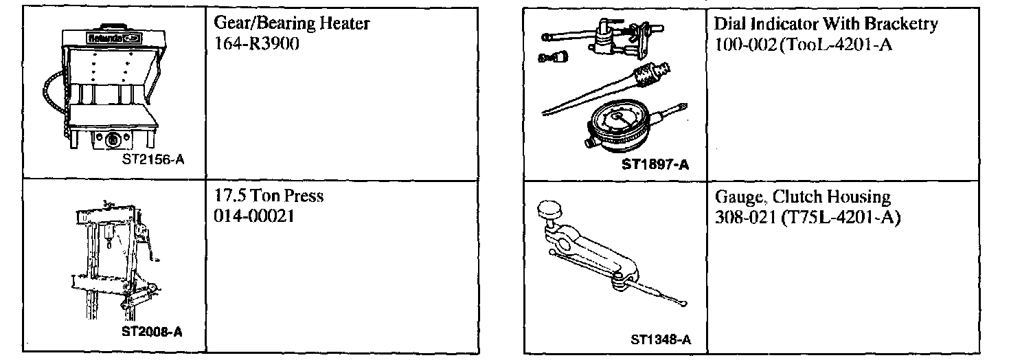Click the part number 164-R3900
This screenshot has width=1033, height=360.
coord(256,41)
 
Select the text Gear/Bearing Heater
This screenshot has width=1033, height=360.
coord(292,23)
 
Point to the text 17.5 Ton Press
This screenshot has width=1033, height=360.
coord(269,196)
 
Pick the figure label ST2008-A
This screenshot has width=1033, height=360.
coord(152,331)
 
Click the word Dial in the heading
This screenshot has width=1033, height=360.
coord(729,25)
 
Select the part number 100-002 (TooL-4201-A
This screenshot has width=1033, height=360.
coord(793,44)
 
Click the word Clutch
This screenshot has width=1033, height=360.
coord(796,198)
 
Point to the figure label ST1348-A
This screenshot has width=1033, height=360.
coord(659,340)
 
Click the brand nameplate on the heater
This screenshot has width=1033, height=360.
coord(109,38)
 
